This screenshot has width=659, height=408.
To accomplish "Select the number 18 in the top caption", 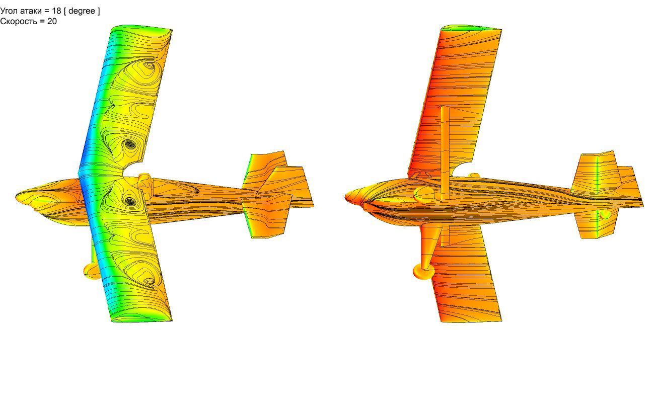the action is tap(56, 11).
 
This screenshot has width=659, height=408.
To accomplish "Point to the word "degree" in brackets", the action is tap(82, 11).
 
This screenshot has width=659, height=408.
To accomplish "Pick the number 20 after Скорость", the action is tap(52, 21).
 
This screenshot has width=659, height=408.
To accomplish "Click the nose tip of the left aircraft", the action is tap(17, 196).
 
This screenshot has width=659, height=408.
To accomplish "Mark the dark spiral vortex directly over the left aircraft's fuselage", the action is tap(130, 201).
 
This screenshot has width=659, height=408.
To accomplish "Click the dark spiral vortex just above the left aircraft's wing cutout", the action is tap(128, 144).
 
